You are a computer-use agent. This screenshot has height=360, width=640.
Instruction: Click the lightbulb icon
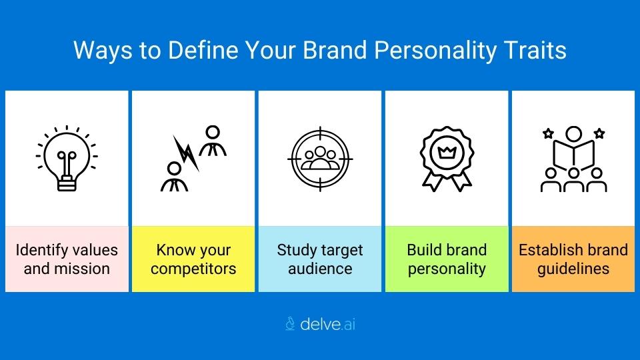coord(67,158)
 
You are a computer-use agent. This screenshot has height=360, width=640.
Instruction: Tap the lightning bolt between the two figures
coord(187,154)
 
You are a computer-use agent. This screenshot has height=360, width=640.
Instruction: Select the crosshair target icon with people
coord(319,158)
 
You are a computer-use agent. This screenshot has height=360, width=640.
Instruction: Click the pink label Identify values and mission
coord(67,259)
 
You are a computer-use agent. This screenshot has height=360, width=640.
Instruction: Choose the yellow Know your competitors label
coord(193,259)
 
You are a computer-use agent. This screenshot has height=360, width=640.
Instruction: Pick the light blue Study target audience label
coord(320,259)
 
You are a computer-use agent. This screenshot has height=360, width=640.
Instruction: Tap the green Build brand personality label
coord(447,259)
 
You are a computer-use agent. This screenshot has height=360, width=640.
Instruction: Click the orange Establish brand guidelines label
coord(573,259)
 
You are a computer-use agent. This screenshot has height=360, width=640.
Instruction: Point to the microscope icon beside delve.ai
coord(290,325)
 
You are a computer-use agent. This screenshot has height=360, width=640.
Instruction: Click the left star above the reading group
coord(548,133)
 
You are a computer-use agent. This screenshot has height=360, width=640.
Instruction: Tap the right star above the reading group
coord(599,133)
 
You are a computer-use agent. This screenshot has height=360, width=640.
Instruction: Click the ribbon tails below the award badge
coord(445,181)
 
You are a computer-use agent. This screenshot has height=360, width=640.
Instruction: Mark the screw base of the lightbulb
coord(67,183)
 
